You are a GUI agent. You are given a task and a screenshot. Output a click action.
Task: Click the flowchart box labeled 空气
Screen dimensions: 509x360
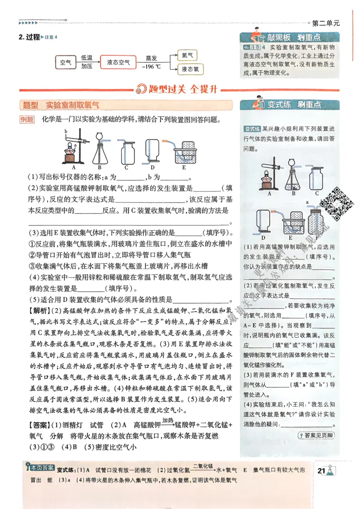66,63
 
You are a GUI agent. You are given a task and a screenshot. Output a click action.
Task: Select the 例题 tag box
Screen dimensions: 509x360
27,120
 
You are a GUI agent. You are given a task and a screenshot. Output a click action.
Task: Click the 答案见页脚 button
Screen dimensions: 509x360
316,435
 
